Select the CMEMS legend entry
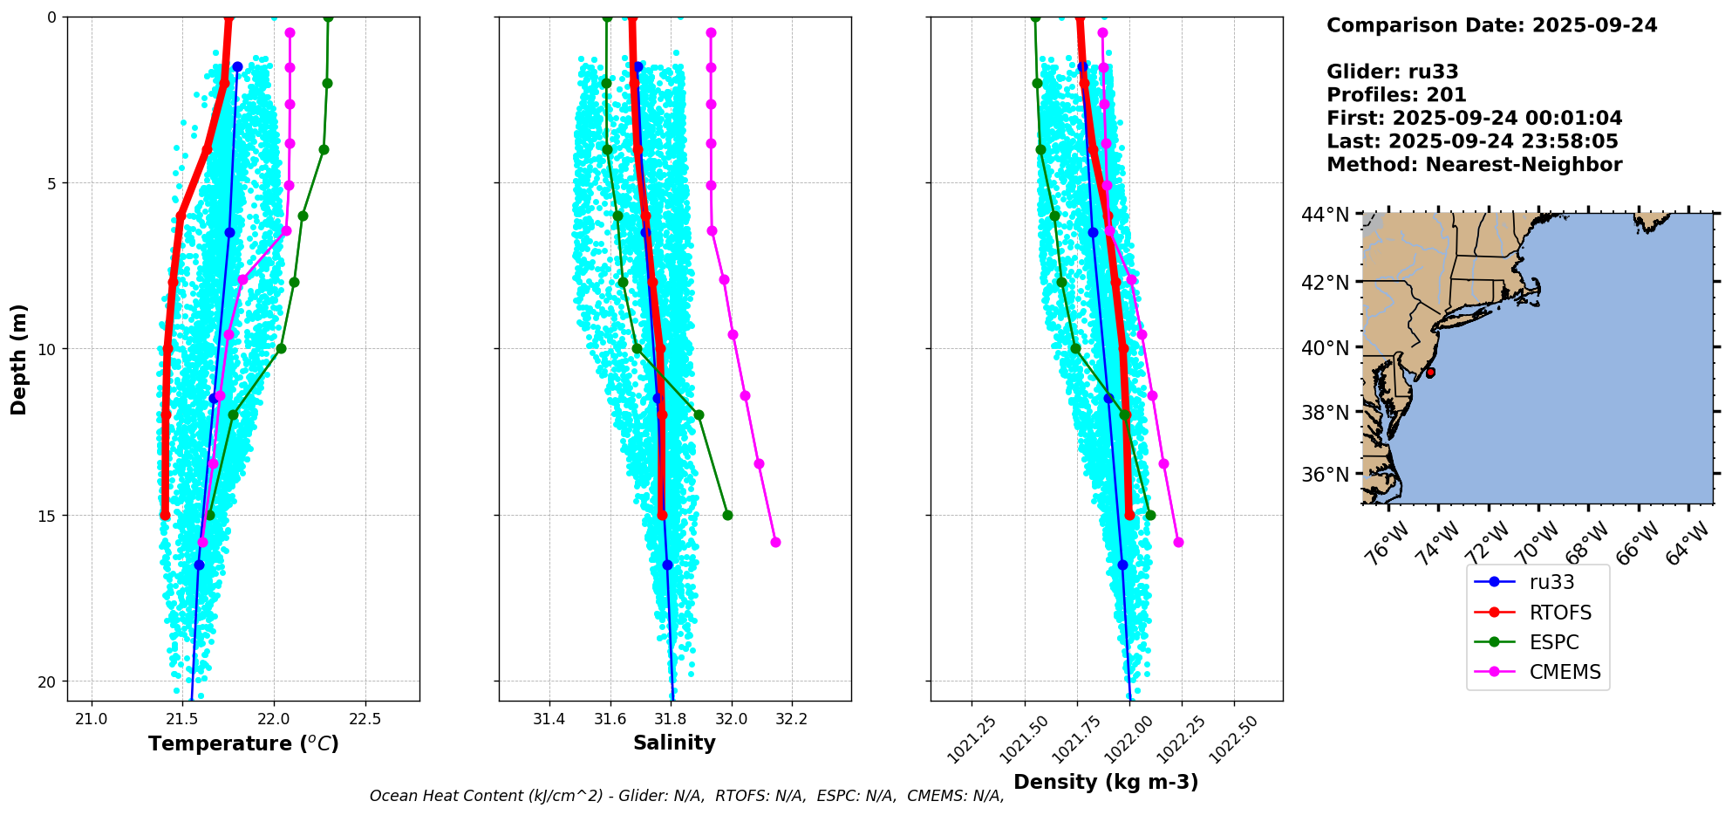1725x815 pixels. [x=1537, y=672]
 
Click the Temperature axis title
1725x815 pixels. [x=243, y=743]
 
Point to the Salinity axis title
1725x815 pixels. [x=674, y=743]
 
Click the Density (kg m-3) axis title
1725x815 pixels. [x=1106, y=782]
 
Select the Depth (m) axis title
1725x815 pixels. [x=19, y=359]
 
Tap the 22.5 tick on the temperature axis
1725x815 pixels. [x=365, y=719]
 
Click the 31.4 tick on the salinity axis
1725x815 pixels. [x=549, y=719]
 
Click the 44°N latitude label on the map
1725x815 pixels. [x=1326, y=215]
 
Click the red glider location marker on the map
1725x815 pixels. [x=1430, y=373]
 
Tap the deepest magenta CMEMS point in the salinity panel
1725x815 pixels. [x=775, y=542]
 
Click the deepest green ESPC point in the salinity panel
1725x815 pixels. [x=727, y=515]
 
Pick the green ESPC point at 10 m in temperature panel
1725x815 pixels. [x=281, y=348]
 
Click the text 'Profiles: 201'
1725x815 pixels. [x=1396, y=94]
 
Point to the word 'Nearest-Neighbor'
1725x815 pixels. [x=1524, y=164]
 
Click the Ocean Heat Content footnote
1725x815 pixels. [x=687, y=796]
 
